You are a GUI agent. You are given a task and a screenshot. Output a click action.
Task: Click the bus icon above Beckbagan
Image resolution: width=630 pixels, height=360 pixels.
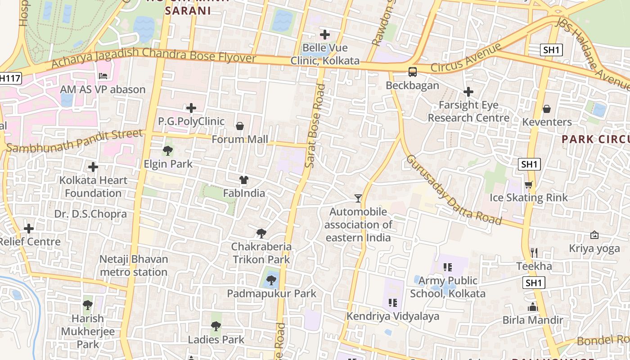pyautogui.click(x=412, y=72)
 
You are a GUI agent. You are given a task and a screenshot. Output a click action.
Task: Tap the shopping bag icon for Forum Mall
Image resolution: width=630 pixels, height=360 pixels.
pyautogui.click(x=240, y=126)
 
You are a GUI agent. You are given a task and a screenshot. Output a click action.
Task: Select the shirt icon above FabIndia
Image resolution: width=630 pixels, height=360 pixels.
pyautogui.click(x=244, y=180)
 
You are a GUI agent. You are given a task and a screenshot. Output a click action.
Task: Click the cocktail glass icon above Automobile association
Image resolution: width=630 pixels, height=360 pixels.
pyautogui.click(x=358, y=198)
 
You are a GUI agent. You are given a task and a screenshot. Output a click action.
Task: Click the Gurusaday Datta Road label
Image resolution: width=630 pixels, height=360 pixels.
pyautogui.click(x=454, y=190)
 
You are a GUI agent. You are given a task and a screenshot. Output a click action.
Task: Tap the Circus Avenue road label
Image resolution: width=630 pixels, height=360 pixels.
pyautogui.click(x=466, y=58)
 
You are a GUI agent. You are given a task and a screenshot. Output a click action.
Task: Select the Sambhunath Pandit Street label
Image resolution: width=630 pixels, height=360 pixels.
pyautogui.click(x=75, y=141)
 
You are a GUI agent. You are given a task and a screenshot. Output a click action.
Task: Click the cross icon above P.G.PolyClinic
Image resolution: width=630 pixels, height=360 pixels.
pyautogui.click(x=191, y=108)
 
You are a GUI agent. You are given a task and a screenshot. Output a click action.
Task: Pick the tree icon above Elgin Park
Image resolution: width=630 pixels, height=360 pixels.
pyautogui.click(x=168, y=151)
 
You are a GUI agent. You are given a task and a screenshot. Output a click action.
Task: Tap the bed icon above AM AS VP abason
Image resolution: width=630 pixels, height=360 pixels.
pyautogui.click(x=103, y=76)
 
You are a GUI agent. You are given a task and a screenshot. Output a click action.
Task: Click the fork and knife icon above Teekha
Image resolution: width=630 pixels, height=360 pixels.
pyautogui.click(x=534, y=252)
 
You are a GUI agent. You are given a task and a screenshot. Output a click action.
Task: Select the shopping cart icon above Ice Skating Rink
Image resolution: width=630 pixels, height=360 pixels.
pyautogui.click(x=529, y=184)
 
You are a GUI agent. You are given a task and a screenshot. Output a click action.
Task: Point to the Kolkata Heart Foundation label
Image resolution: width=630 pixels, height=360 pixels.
pyautogui.click(x=94, y=187)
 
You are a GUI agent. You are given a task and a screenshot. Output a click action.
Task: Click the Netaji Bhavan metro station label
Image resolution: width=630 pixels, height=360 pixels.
pyautogui.click(x=134, y=265)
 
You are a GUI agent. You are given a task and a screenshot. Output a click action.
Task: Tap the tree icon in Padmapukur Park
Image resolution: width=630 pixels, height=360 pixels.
pyautogui.click(x=271, y=281)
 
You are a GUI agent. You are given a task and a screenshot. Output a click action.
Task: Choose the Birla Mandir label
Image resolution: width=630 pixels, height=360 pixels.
pyautogui.click(x=533, y=320)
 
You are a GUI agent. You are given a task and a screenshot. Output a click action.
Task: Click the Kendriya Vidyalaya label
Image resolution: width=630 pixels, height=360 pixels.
pyautogui.click(x=392, y=316)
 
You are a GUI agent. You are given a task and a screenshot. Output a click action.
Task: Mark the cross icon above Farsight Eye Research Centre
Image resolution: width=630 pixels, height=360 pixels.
pyautogui.click(x=468, y=92)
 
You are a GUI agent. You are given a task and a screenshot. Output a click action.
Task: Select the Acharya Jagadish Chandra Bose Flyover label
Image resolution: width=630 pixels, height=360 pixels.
pyautogui.click(x=153, y=57)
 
